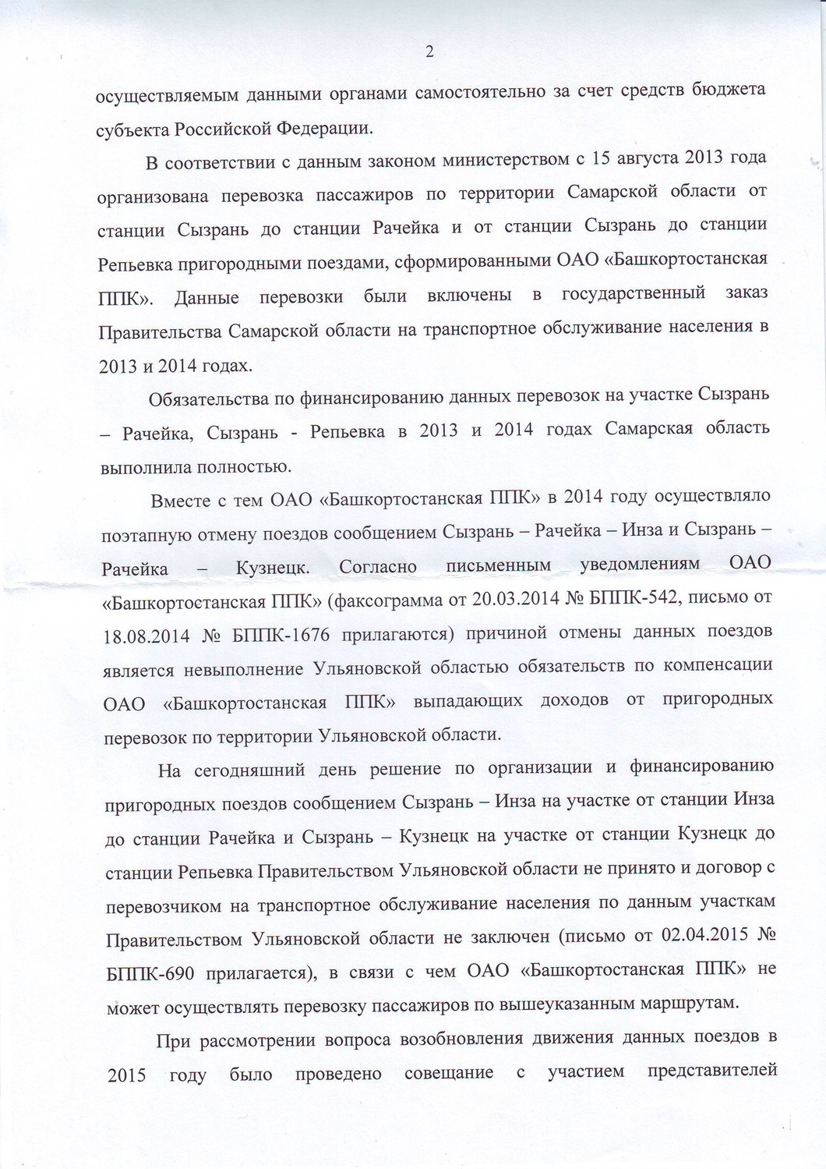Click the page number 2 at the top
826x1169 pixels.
tap(429, 53)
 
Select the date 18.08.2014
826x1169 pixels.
tap(146, 636)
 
